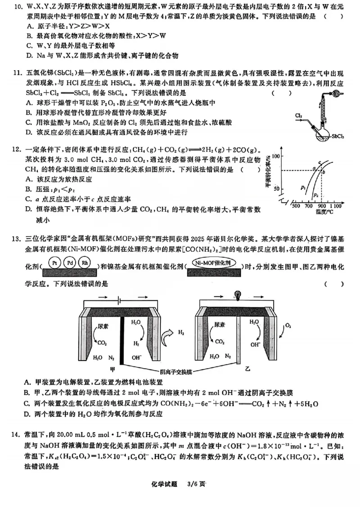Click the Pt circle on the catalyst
[54, 263]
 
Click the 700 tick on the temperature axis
[308, 206]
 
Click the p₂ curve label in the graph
[316, 195]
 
